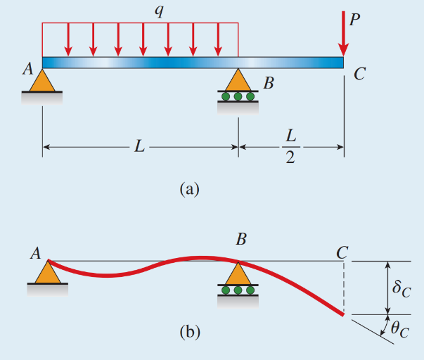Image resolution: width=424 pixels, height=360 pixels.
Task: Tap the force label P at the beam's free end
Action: (x=354, y=20)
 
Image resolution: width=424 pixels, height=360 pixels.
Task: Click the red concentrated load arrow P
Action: (x=342, y=35)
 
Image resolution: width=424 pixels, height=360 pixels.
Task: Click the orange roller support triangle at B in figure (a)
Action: (x=238, y=79)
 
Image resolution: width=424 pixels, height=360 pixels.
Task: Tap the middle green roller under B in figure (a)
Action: (x=238, y=96)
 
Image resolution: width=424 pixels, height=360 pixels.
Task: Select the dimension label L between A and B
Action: (x=141, y=147)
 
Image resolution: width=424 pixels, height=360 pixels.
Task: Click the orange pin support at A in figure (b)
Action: (x=47, y=272)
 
